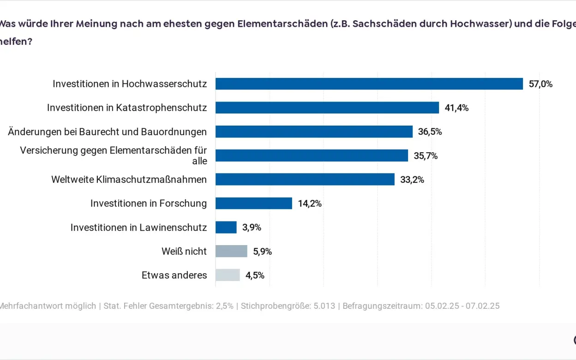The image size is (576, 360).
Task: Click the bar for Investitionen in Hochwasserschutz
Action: [x=369, y=84]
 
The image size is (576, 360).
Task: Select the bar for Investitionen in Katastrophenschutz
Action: [x=327, y=108]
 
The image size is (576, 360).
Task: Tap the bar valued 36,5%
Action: [x=314, y=132]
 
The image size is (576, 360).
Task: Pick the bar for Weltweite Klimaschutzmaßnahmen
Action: [x=305, y=179]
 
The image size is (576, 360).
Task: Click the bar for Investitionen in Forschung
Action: [x=253, y=203]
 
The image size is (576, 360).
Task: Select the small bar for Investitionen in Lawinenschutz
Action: [x=226, y=227]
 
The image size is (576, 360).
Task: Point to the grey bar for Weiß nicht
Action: [x=231, y=251]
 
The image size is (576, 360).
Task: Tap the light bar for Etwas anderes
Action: [x=228, y=275]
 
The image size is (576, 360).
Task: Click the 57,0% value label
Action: [x=540, y=84]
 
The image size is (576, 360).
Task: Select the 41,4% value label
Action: [x=456, y=108]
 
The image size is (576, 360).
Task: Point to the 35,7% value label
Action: [x=426, y=156]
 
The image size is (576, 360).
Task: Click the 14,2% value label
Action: [x=310, y=204]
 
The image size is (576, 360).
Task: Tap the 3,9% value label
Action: [x=252, y=228]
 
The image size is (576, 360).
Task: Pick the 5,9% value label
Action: [x=262, y=252]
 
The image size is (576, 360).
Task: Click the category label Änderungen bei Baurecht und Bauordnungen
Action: [x=107, y=132]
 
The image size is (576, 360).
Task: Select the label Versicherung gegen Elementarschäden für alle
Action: [x=114, y=156]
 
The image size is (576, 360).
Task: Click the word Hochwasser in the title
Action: [x=484, y=24]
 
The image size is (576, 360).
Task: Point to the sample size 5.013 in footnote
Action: [x=324, y=306]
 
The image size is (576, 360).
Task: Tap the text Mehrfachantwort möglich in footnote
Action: [x=48, y=306]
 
